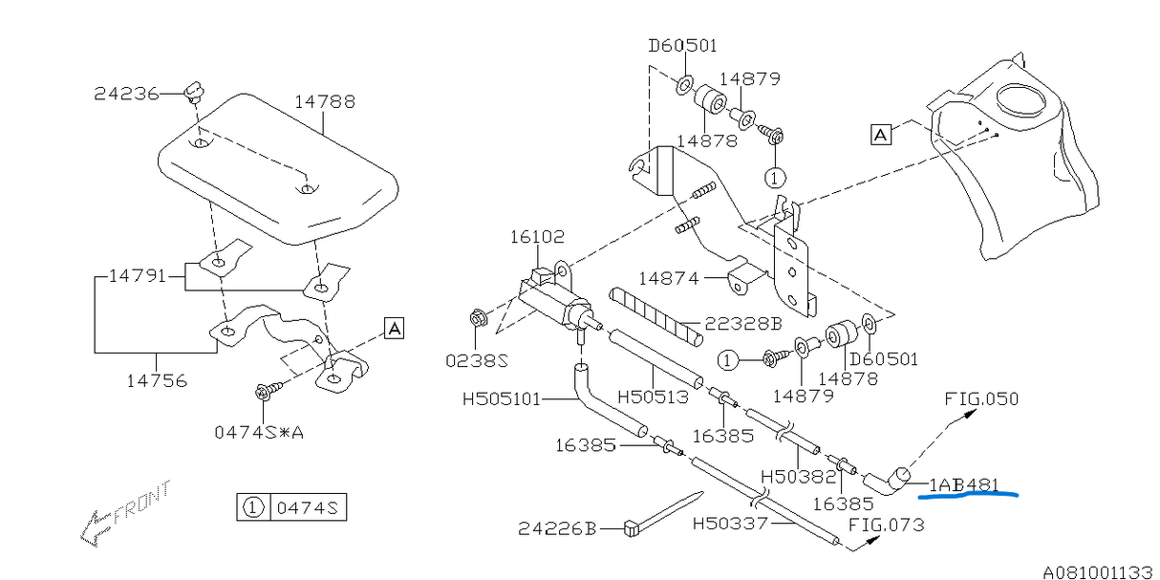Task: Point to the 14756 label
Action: click(x=156, y=380)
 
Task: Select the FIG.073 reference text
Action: click(x=886, y=525)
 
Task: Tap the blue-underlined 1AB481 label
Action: click(x=963, y=484)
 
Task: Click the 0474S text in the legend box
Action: click(x=308, y=507)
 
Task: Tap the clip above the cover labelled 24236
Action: click(x=196, y=93)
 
